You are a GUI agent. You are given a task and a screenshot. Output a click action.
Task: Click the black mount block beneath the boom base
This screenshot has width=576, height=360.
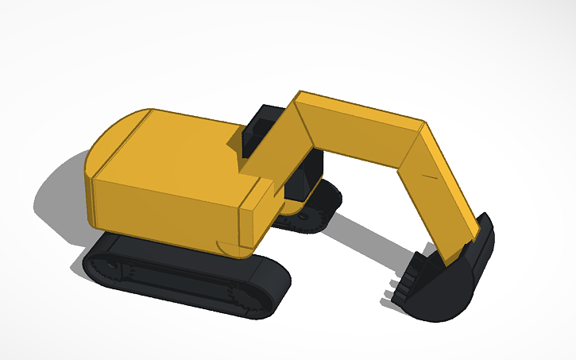(x=306, y=179)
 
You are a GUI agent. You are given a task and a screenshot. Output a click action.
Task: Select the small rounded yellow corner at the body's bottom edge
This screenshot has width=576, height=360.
(x=230, y=249)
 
